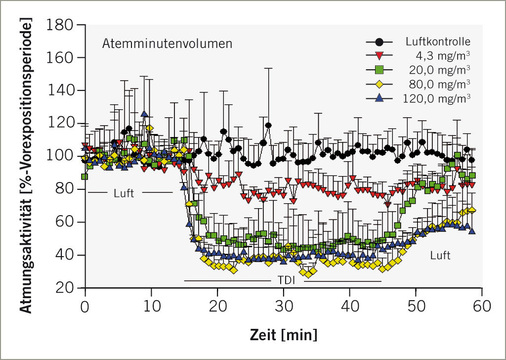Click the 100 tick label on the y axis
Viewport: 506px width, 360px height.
(64, 155)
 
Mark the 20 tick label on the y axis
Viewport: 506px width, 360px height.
(68, 287)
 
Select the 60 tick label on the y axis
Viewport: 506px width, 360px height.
(68, 221)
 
